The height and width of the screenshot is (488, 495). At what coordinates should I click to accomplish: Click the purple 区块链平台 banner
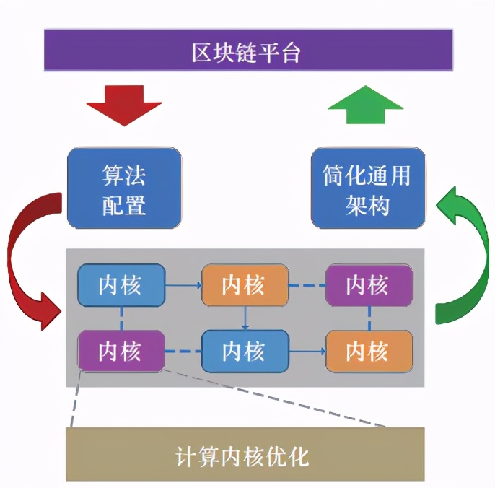(x=247, y=51)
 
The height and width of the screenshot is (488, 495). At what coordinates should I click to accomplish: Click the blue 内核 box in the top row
(x=121, y=285)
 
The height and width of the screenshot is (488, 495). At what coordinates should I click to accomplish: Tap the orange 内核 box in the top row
(x=245, y=285)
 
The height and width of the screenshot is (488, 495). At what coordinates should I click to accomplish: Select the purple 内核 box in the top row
(x=369, y=285)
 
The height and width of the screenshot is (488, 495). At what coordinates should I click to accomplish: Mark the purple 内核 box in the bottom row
(x=121, y=352)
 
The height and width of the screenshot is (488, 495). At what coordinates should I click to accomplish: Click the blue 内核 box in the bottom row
(x=245, y=352)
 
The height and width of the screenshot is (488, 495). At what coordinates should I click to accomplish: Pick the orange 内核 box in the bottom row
(x=369, y=352)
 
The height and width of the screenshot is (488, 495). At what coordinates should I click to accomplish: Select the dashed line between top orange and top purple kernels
(x=307, y=286)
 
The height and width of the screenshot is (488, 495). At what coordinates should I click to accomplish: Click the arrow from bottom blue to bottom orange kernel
(x=307, y=352)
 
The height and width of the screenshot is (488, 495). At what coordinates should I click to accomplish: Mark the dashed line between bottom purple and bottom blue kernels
(x=183, y=352)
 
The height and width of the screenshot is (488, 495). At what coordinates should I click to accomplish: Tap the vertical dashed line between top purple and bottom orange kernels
(x=369, y=318)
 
